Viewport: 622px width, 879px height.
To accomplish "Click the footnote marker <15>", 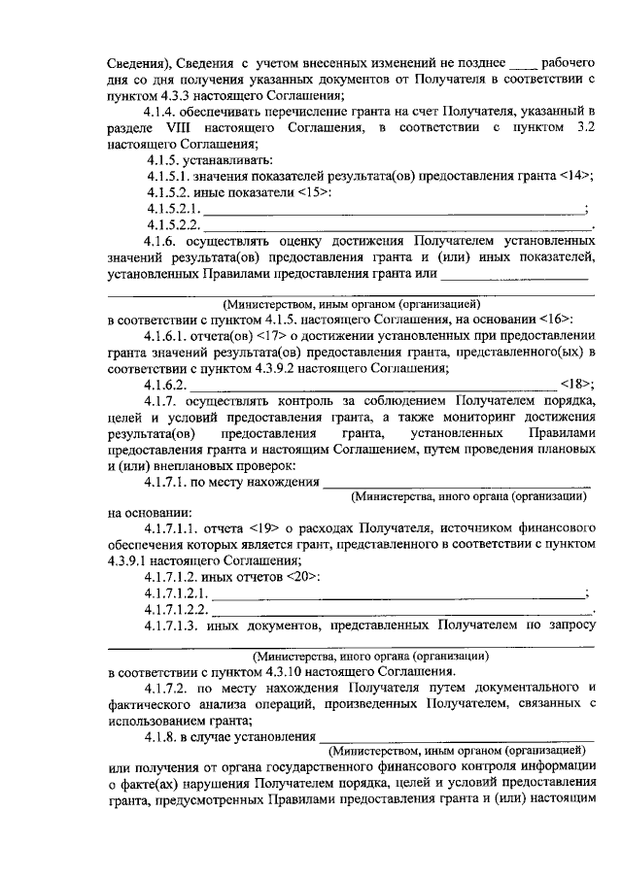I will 314,192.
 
